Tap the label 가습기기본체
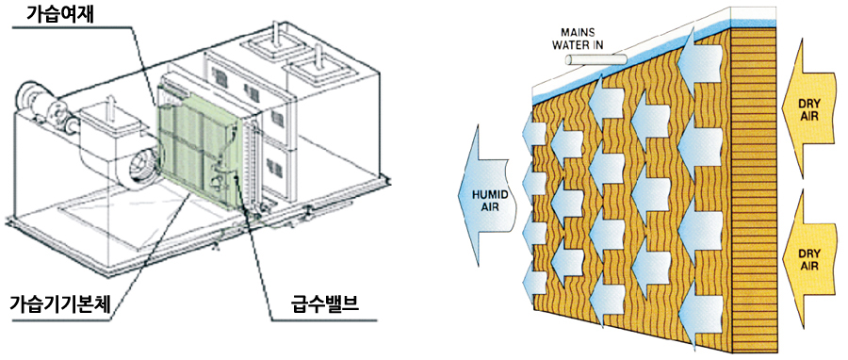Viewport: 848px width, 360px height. point(61,307)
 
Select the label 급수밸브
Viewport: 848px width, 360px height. point(322,307)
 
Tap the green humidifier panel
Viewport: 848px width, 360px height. point(199,145)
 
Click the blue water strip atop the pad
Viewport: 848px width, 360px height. point(633,59)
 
